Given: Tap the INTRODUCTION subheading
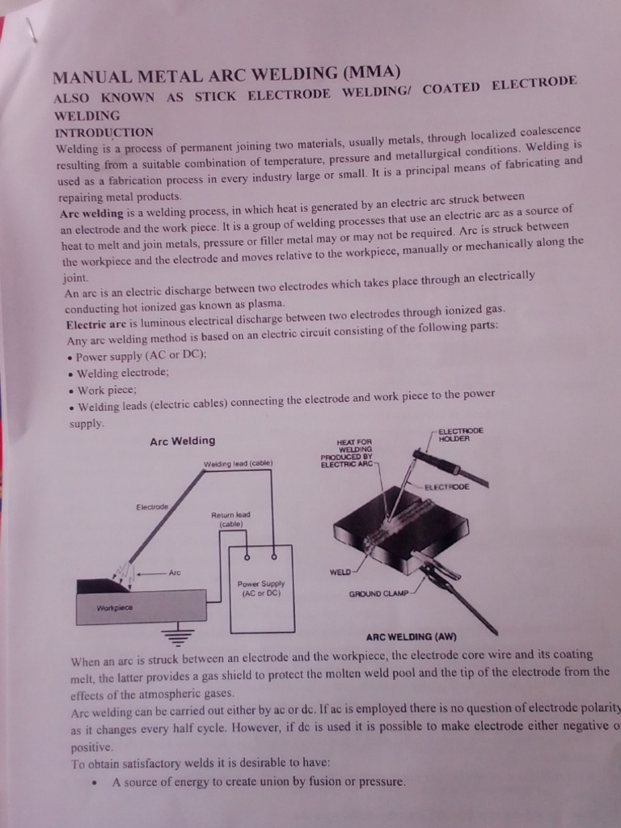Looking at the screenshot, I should click(103, 132).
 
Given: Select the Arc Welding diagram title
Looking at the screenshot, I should click(183, 441).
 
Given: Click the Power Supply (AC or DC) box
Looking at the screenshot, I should click(261, 589).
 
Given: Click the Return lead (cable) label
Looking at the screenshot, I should click(230, 518).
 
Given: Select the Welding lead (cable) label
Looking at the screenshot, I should click(238, 463).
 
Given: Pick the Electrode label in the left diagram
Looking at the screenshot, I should click(152, 507).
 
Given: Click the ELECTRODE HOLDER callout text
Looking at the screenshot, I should click(460, 434).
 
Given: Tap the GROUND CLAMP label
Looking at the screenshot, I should click(380, 594).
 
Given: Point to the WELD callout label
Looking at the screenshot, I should click(340, 572).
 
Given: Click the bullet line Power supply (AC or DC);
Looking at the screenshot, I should click(141, 356).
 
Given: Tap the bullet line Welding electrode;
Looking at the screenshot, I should click(122, 373).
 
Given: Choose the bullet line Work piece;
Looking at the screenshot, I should click(105, 390).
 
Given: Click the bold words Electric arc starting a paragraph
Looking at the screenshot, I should click(93, 323).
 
